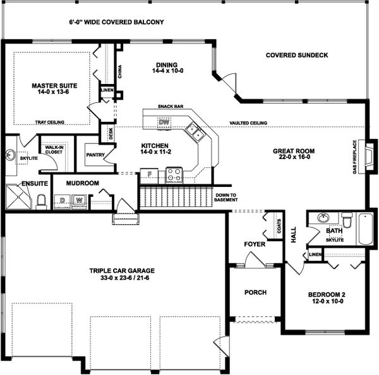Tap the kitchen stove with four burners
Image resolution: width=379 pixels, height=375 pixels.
[174, 175]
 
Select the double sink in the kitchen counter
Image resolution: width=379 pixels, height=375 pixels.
[194, 133]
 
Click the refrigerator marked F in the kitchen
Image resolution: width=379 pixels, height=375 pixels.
[148, 175]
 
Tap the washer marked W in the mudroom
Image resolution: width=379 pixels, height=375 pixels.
[80, 201]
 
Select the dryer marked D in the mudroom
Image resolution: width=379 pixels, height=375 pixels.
[63, 201]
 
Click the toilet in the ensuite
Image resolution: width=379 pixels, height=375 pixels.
[41, 201]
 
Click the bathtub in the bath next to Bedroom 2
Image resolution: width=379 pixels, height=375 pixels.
[365, 229]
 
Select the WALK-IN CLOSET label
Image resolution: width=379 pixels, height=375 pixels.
[52, 150]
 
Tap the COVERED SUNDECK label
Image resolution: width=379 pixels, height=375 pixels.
[296, 56]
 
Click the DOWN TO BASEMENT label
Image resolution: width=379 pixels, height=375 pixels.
[226, 198]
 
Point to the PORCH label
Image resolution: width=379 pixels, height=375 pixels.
[255, 292]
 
